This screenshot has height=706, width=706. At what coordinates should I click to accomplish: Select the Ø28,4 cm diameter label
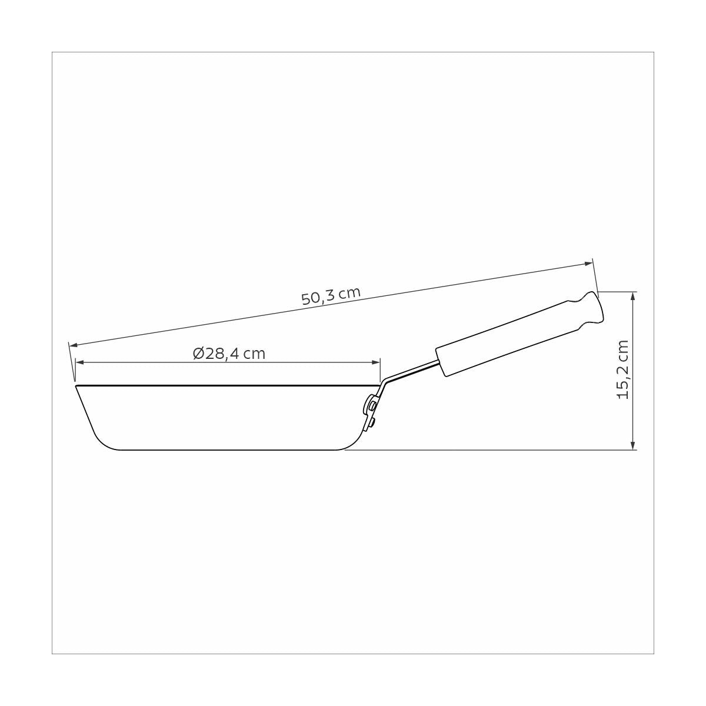coord(229,354)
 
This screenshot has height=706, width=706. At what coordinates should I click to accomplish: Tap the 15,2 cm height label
coord(623,370)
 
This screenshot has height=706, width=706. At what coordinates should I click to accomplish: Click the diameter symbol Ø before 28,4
coord(198,354)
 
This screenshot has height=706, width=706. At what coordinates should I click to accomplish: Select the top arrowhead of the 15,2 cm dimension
coord(632,297)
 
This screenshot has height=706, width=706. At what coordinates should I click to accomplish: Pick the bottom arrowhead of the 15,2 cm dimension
coord(632,445)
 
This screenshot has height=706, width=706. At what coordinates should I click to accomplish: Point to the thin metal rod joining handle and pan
coord(412,373)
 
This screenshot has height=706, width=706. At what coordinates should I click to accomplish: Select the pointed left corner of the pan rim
coord(76,387)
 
